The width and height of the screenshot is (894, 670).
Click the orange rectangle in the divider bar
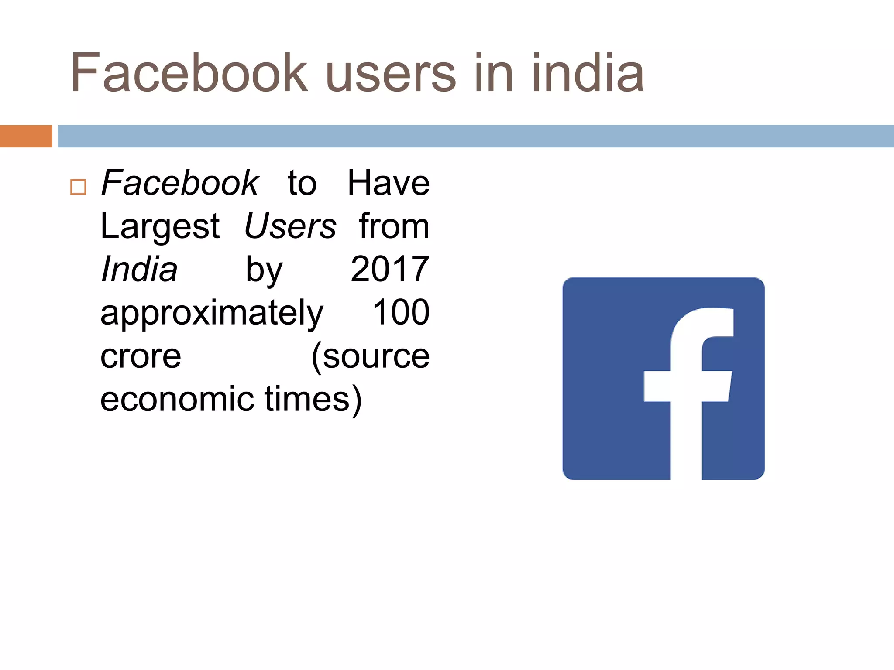(26, 136)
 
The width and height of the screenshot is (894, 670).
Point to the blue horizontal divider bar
(476, 136)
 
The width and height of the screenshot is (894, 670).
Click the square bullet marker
(78, 187)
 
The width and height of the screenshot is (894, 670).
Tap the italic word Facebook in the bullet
(180, 183)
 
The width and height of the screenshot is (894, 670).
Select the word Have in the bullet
(388, 183)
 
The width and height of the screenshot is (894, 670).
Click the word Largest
(160, 227)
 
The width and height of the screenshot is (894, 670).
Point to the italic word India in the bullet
(139, 269)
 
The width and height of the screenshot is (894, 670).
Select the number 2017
(390, 269)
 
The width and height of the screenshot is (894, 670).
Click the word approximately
(212, 313)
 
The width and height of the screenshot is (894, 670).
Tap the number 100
(401, 312)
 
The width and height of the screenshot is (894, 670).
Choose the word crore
(141, 356)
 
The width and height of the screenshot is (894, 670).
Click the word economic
(177, 399)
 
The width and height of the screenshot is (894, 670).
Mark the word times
(313, 399)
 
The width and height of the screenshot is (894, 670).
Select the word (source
(371, 356)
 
